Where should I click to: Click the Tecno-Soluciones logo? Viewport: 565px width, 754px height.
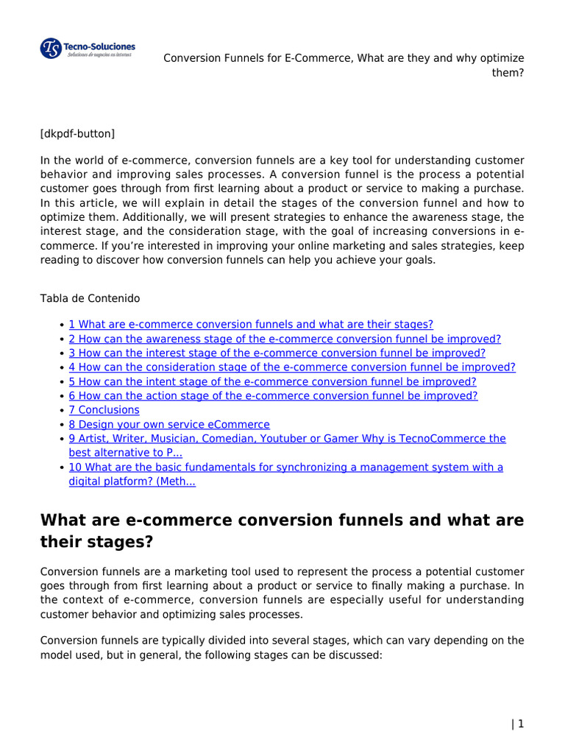[x=87, y=49]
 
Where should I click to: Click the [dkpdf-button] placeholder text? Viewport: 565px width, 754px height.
[x=77, y=133]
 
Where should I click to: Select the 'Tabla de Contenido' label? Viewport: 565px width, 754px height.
[x=90, y=298]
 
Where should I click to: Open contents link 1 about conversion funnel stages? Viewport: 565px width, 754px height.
[x=251, y=325]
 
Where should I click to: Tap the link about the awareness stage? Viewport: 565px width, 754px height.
[x=285, y=339]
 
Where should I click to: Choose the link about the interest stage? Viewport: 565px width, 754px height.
[x=277, y=353]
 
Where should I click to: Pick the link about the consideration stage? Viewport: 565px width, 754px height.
[x=292, y=367]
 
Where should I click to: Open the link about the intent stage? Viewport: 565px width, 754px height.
[x=272, y=381]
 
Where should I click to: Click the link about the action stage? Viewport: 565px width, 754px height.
[x=273, y=395]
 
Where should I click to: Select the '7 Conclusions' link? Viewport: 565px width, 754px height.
[x=104, y=410]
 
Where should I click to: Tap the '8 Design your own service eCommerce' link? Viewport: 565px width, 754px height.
[x=169, y=424]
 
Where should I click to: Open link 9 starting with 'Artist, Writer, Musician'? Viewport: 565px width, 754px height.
[x=287, y=439]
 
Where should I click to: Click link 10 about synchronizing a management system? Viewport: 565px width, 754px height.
[x=285, y=468]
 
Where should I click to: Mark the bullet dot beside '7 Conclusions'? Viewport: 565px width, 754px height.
[x=60, y=410]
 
